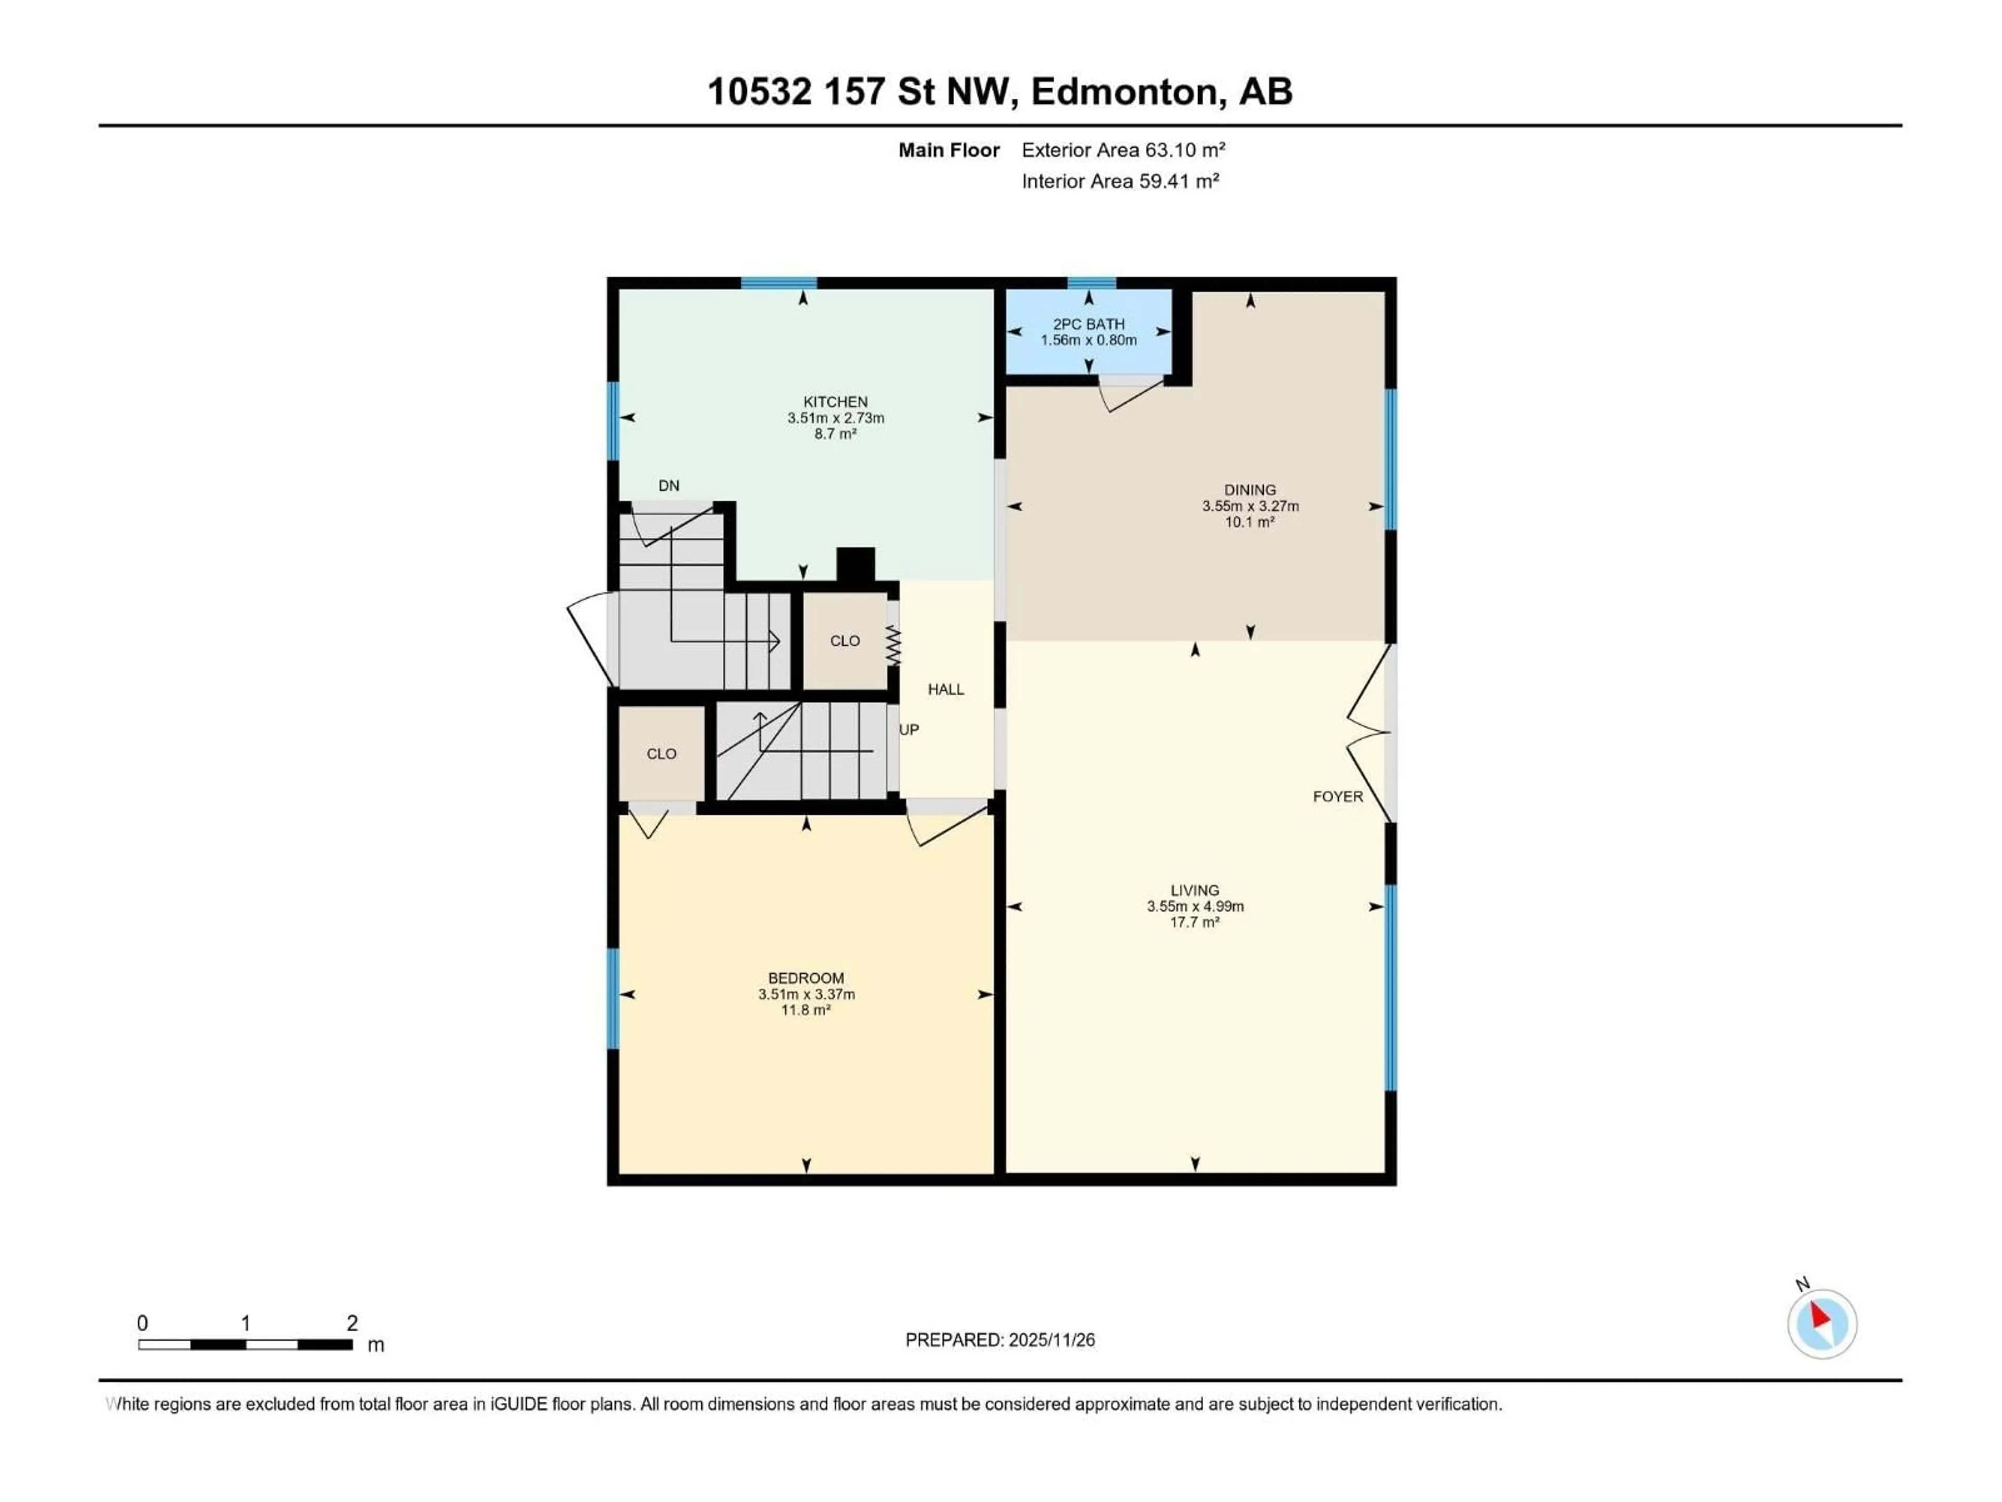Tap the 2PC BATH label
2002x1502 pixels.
click(x=1089, y=324)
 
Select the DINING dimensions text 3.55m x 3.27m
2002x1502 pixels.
click(x=1250, y=506)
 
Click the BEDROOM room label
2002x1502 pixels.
click(x=805, y=978)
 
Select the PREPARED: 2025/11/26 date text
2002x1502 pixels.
click(x=1000, y=1340)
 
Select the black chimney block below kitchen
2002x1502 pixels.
click(x=856, y=565)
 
